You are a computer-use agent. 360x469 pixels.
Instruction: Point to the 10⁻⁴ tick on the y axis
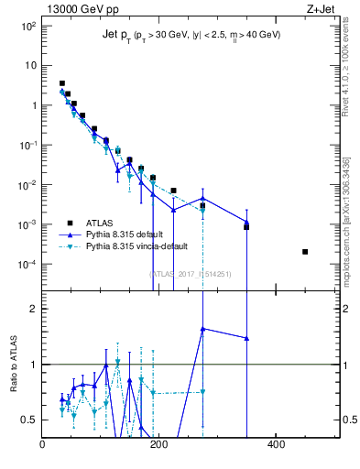pyautogui.click(x=28, y=265)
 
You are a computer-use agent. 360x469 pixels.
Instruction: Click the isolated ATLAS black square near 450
pyautogui.click(x=305, y=252)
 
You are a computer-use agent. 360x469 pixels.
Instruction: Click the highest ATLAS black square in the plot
pyautogui.click(x=62, y=83)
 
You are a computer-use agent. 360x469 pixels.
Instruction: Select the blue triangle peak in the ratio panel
pyautogui.click(x=202, y=329)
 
